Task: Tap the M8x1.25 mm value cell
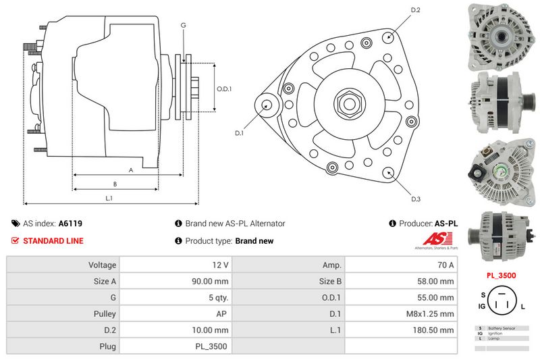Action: coord(433,314)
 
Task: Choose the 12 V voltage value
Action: coord(220,265)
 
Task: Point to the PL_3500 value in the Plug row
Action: coord(213,346)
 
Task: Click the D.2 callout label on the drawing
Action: coord(416,10)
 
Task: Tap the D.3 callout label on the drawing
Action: coord(416,199)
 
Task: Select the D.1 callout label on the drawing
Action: coord(239,133)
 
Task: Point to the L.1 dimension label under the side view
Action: coord(109,198)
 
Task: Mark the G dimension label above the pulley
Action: coord(183,26)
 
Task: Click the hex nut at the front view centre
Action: coord(349,103)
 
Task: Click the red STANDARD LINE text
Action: coord(53,240)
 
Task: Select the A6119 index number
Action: coord(70,224)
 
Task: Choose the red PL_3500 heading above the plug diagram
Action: coord(502,276)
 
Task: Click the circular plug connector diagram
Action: coord(501,302)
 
